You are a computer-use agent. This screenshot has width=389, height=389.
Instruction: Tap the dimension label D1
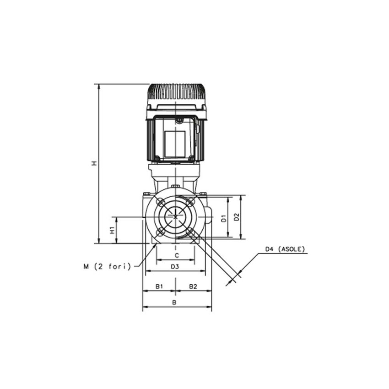(224, 217)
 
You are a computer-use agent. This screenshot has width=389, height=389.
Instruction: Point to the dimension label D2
(236, 217)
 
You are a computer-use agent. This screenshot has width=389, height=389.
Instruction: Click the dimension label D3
(175, 266)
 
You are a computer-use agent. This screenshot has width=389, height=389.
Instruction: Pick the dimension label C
(176, 255)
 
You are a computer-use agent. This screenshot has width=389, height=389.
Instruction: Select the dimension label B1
(159, 286)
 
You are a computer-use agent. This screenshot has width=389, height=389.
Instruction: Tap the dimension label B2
(193, 286)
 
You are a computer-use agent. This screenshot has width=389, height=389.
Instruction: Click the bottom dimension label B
(174, 303)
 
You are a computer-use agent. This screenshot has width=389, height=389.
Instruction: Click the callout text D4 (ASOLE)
(285, 249)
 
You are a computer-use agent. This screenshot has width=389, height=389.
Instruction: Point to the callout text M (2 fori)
(107, 266)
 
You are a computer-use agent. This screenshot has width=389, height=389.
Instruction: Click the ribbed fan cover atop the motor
(176, 93)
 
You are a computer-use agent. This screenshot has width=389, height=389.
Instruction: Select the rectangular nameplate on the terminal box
(175, 143)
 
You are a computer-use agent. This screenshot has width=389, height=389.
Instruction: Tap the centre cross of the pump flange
(175, 216)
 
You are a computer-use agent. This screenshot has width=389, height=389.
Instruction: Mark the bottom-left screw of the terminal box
(157, 159)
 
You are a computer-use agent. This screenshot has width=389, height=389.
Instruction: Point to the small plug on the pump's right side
(209, 215)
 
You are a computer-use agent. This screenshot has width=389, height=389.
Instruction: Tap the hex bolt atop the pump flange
(175, 186)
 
